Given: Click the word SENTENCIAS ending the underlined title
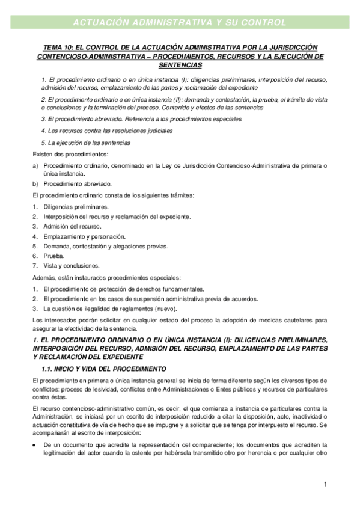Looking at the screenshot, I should pyautogui.click(x=180, y=65).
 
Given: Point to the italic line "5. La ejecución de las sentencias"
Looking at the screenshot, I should pyautogui.click(x=85, y=143).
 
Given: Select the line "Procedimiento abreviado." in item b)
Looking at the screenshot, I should pyautogui.click(x=78, y=184).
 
